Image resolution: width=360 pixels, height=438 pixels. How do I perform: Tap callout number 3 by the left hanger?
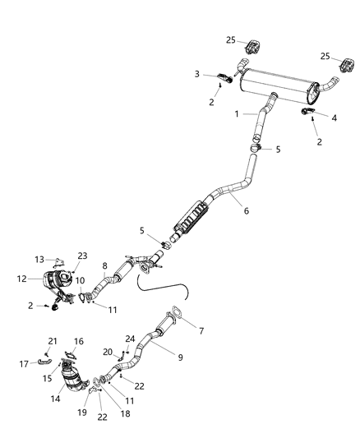coord(196,74)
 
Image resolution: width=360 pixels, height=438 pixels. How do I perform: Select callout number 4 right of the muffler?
coord(335,118)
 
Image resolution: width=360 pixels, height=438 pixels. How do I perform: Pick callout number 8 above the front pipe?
coord(104,265)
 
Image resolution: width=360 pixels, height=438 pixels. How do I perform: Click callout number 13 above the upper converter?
coord(39,259)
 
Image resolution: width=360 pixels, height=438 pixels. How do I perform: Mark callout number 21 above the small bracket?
coord(53,341)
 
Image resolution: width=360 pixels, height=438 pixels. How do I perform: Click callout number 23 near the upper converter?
coord(82,256)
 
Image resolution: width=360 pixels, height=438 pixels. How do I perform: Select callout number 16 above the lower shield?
coord(79,341)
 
